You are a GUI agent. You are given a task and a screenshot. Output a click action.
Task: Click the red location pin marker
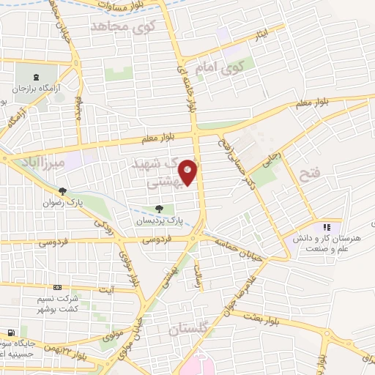[188, 171]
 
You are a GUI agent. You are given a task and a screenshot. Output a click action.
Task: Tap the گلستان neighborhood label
[189, 329]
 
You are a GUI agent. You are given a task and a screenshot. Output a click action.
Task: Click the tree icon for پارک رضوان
[63, 191]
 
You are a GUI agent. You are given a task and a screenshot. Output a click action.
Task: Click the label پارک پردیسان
[158, 220]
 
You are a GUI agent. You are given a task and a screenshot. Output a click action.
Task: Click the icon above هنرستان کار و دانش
[327, 227]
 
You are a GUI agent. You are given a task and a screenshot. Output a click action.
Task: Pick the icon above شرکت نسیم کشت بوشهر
[58, 287]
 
